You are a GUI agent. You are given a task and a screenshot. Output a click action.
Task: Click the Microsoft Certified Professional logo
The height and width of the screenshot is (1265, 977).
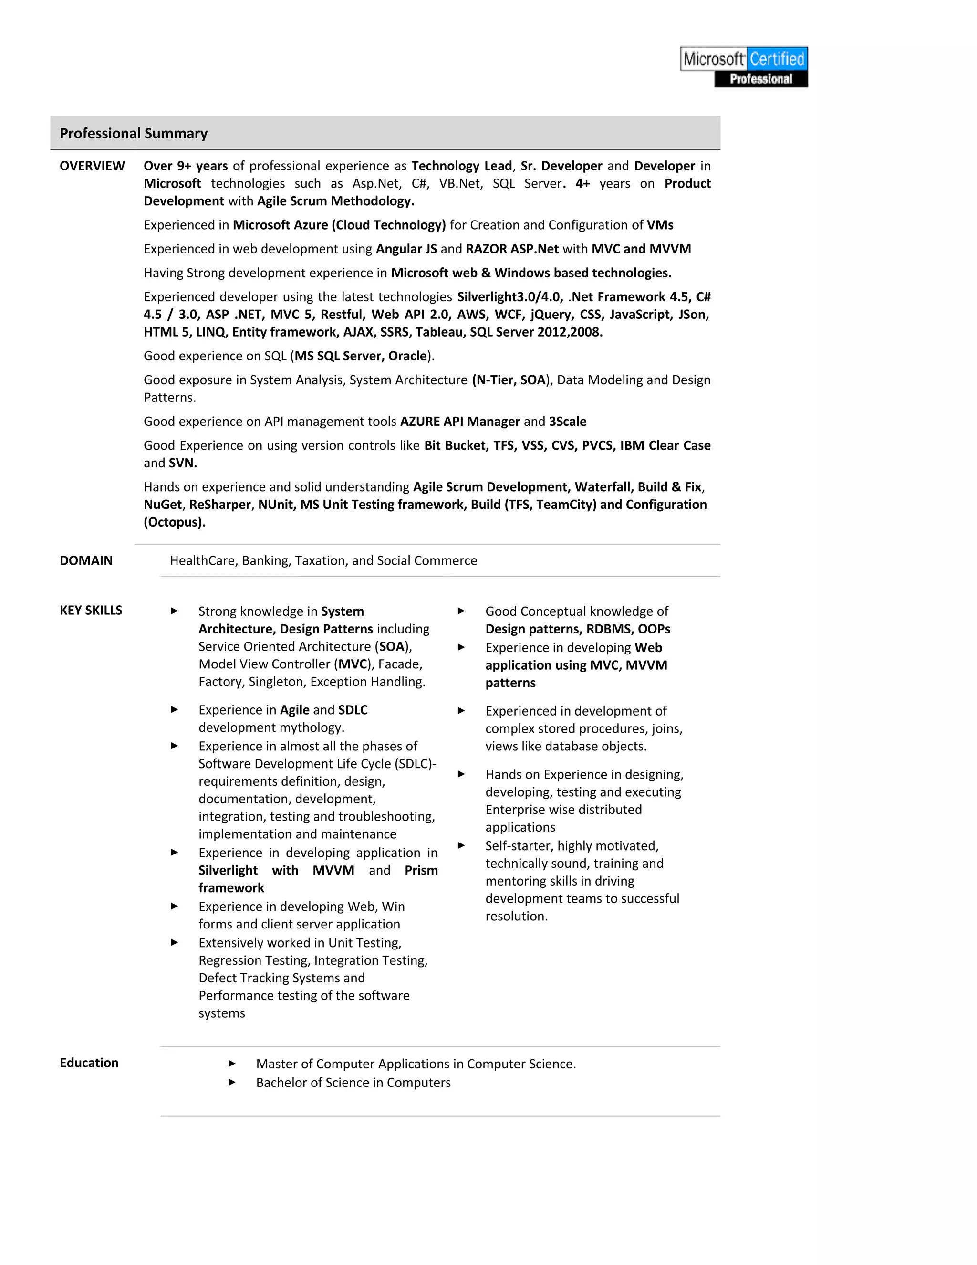coord(744,67)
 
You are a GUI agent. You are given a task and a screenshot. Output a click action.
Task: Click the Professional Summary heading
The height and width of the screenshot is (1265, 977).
coord(133,133)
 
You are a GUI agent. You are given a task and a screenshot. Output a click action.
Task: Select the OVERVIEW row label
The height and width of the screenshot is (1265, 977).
coord(92,166)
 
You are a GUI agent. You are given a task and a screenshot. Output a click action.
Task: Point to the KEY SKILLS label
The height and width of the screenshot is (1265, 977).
coord(91,611)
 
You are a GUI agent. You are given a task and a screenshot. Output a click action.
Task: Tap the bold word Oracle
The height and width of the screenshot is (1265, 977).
coord(407,356)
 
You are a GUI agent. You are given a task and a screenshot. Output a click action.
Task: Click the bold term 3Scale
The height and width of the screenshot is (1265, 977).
coord(567,422)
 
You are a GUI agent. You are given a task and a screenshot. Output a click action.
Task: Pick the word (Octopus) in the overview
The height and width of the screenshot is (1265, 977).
coord(174,522)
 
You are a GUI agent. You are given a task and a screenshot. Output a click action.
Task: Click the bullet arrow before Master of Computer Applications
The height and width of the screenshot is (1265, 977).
coord(231,1064)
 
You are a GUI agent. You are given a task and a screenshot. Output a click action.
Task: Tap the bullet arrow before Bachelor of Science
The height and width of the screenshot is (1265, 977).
coord(231,1082)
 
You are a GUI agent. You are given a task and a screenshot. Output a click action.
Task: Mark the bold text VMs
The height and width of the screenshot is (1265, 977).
coord(660,225)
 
